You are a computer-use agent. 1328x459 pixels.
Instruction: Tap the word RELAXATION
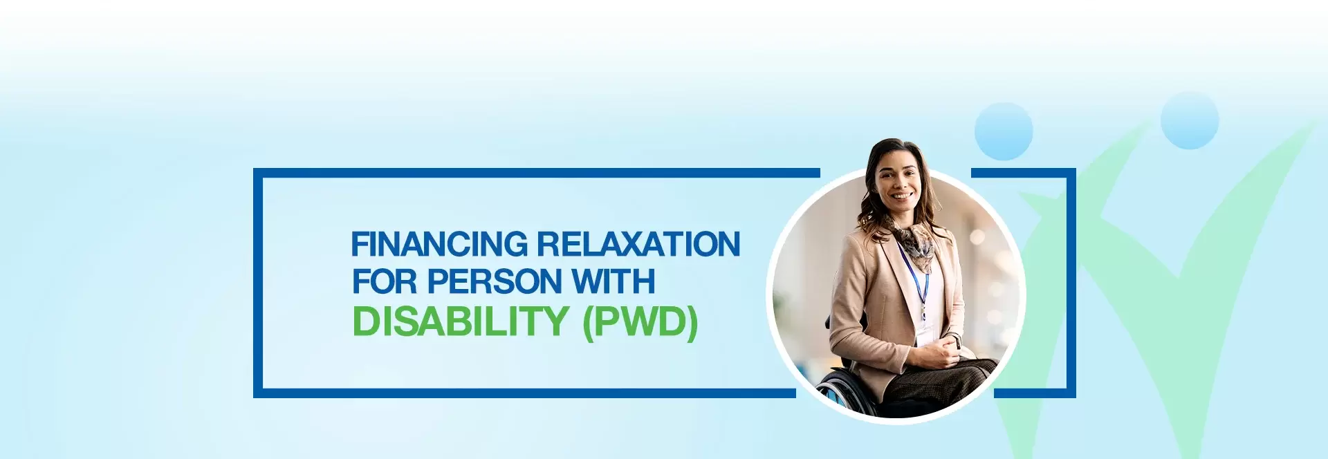pyautogui.click(x=638, y=245)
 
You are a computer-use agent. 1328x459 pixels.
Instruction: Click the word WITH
pyautogui.click(x=613, y=281)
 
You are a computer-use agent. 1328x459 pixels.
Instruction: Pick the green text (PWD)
pyautogui.click(x=640, y=322)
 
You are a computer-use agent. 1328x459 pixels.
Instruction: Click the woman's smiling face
pyautogui.click(x=897, y=183)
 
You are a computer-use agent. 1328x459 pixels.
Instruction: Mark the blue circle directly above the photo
pyautogui.click(x=1004, y=131)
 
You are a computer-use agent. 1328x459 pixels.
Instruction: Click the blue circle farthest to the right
pyautogui.click(x=1190, y=120)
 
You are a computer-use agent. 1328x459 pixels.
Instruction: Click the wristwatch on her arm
pyautogui.click(x=957, y=340)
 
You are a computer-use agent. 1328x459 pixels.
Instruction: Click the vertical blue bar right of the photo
pyautogui.click(x=1071, y=283)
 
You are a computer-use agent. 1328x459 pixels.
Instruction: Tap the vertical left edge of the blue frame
pyautogui.click(x=258, y=283)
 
